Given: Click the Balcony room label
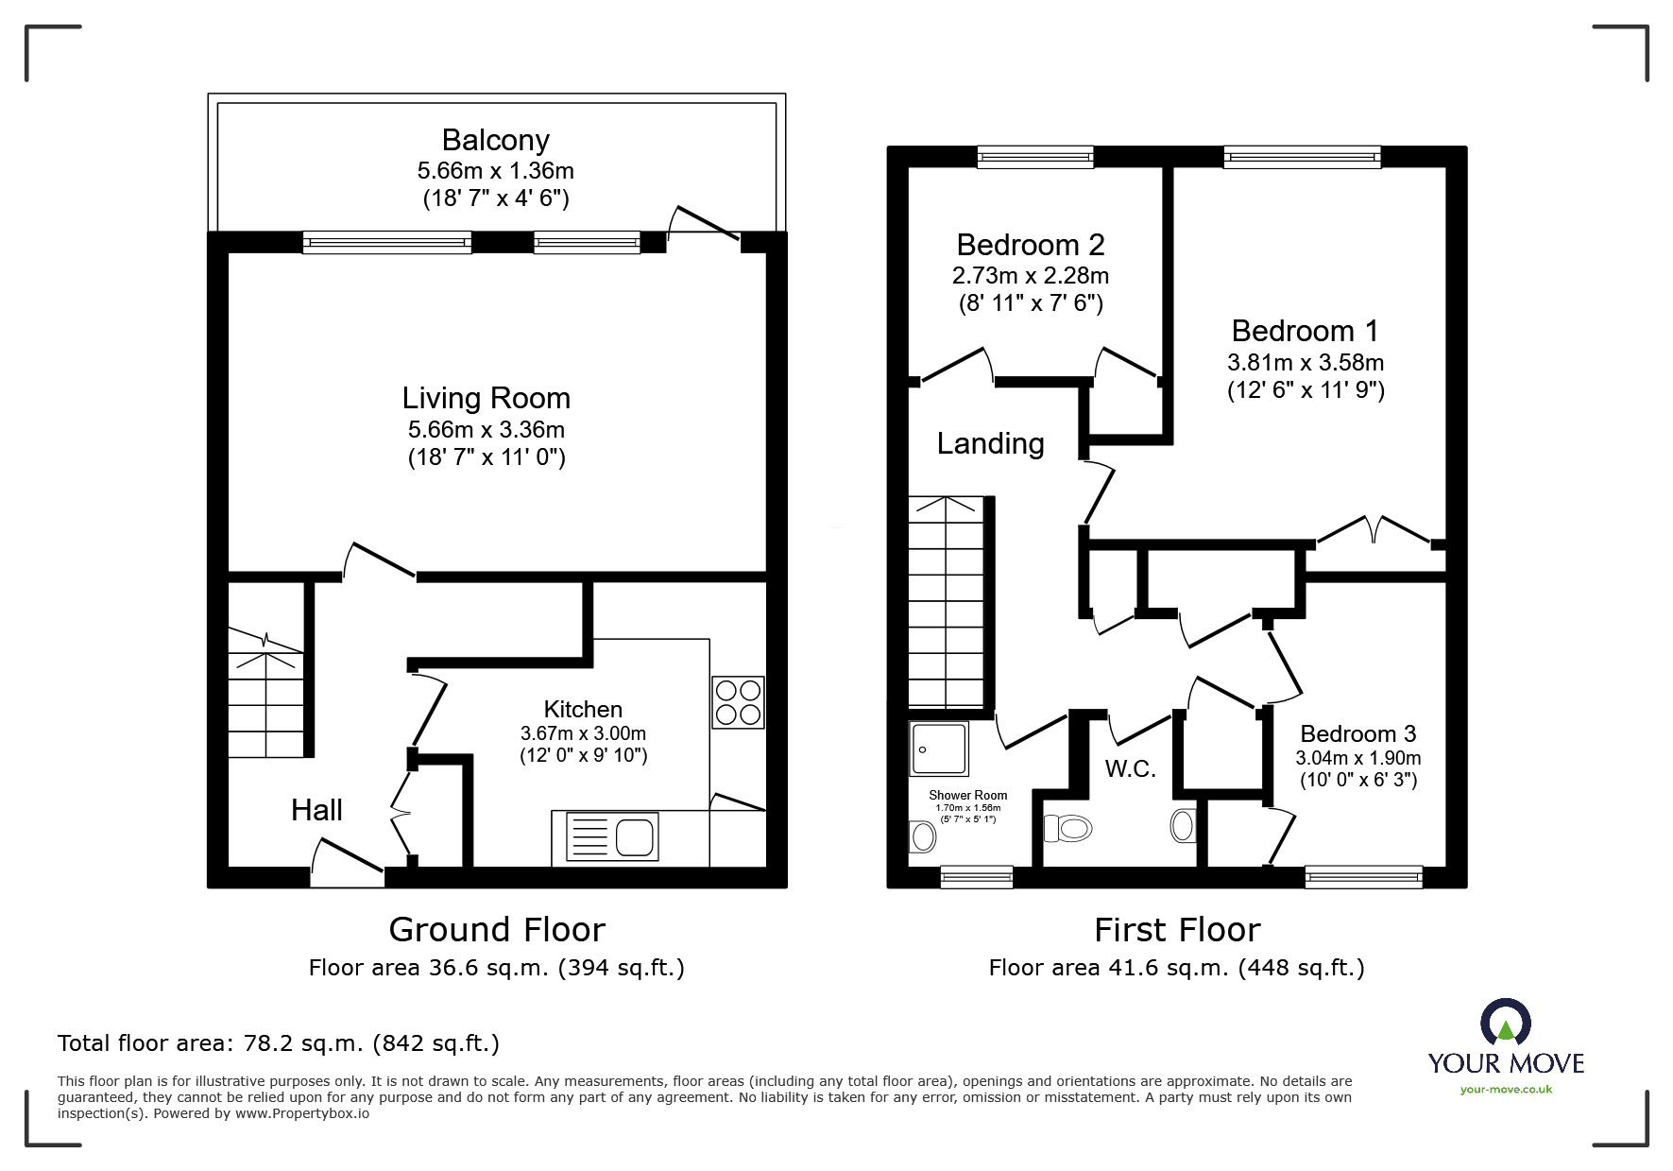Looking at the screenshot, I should (495, 140).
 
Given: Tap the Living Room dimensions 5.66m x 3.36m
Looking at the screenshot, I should (486, 430).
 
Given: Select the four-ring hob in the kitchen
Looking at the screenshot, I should (738, 702).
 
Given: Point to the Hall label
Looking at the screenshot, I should (316, 810).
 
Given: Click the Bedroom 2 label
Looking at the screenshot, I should (1030, 245).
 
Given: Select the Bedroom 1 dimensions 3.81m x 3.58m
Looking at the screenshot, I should (1305, 362).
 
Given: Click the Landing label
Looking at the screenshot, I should (990, 443).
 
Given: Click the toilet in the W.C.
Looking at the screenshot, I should (1067, 829).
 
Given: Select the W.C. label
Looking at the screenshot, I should (1130, 768).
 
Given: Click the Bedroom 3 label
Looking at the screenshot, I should (1357, 734).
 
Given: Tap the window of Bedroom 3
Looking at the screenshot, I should (1363, 878).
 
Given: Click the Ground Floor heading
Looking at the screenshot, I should (496, 930).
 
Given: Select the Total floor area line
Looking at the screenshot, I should (279, 1043).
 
